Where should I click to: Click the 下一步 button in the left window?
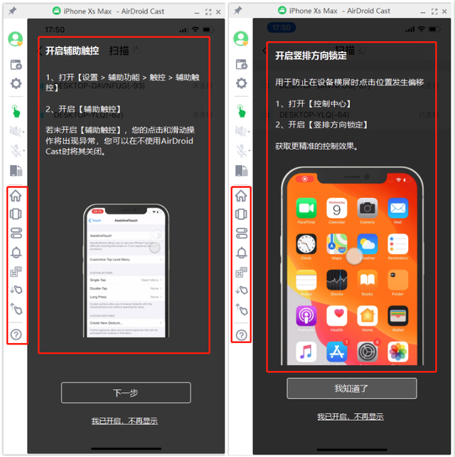126,392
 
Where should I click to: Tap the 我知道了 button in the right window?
351,388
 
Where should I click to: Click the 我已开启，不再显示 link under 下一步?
124,421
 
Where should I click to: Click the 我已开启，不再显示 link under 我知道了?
350,416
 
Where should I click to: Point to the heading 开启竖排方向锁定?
311,55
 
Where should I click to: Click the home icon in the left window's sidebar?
16,196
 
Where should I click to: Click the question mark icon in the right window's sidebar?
241,335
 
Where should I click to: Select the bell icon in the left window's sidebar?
16,252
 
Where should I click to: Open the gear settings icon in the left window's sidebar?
16,84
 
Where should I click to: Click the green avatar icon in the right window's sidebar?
241,38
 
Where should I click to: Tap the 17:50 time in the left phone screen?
55,30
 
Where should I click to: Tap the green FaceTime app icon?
306,209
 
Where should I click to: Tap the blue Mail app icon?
397,209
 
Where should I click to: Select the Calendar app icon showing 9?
337,209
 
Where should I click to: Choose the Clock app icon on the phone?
306,244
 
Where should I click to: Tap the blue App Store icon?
337,351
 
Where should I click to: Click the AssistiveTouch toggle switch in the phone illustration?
156,235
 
